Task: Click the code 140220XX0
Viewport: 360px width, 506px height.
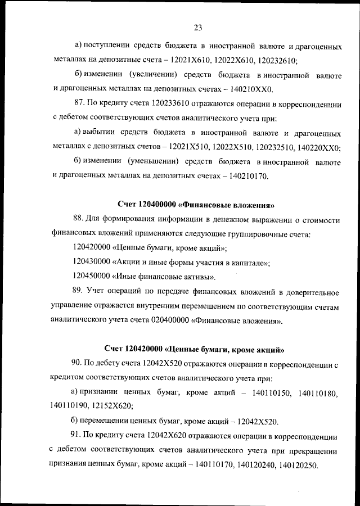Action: [x=319, y=147]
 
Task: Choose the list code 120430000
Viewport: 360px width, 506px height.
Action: [x=92, y=263]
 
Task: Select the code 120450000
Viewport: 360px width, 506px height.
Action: [x=92, y=277]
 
